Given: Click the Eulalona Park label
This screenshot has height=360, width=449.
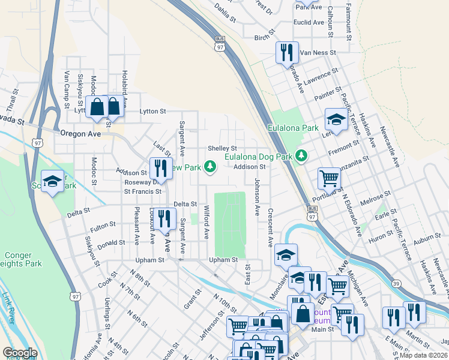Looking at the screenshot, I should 293,128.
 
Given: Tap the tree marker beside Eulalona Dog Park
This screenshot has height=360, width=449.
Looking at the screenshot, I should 301,156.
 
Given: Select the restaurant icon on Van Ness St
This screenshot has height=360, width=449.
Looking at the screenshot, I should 287,52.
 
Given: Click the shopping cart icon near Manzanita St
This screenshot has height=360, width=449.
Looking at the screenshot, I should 329,178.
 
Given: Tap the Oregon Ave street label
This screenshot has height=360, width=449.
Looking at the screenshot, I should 78,134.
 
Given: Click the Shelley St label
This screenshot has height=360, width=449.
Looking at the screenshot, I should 222,148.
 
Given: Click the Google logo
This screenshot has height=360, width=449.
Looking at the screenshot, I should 19,353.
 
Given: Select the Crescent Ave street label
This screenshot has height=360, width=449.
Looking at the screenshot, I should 271,229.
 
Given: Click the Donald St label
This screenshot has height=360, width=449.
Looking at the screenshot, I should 112,243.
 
